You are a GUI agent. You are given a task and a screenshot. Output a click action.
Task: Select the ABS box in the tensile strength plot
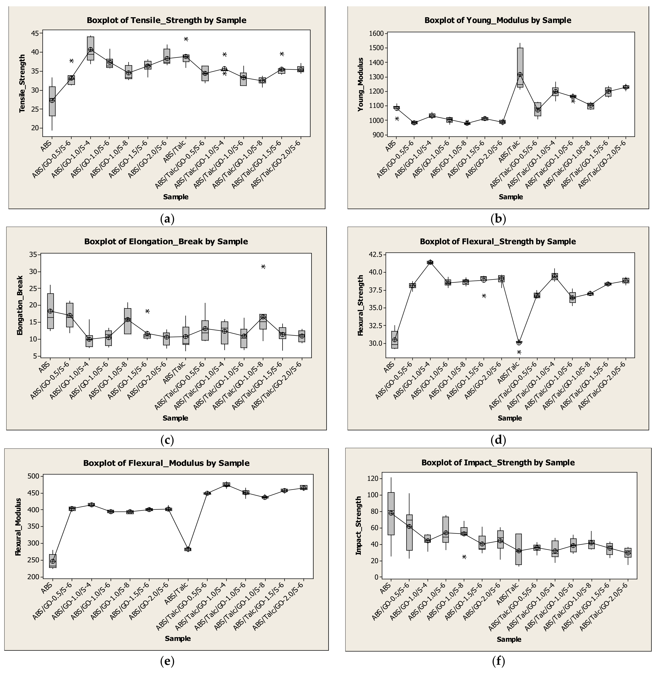[x=52, y=101]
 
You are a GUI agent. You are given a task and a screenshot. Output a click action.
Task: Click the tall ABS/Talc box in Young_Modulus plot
[x=520, y=67]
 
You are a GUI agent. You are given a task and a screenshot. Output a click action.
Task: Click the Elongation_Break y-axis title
[x=20, y=305]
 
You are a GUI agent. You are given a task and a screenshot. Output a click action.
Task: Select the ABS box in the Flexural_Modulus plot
[x=53, y=561]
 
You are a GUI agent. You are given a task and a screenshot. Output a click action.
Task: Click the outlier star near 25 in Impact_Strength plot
[x=464, y=557]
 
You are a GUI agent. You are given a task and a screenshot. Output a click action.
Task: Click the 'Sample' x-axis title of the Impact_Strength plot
[x=509, y=639]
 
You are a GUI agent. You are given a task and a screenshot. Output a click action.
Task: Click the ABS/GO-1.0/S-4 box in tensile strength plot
[x=90, y=48]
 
